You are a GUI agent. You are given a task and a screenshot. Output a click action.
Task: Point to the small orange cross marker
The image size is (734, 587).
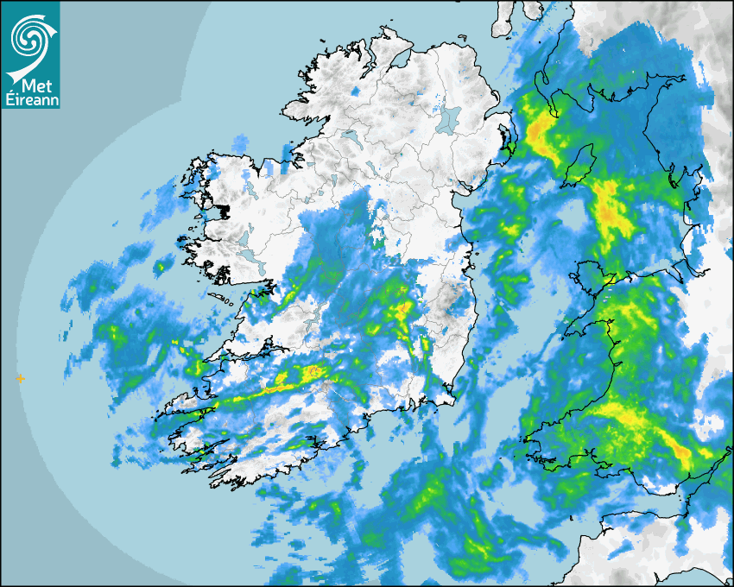pos(21,378)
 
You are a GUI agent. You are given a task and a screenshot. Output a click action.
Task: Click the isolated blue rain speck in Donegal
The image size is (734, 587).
pos(357,90)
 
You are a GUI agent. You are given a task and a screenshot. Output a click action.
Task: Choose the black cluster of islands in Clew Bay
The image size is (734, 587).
pos(221,209)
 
